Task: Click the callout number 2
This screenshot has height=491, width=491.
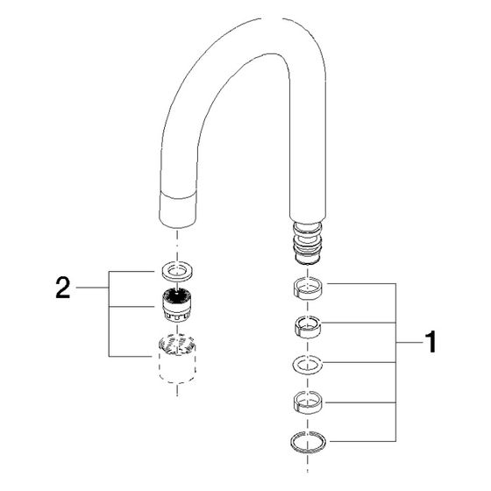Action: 62,288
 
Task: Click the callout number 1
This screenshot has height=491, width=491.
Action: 431,342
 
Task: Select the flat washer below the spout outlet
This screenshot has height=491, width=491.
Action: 177,271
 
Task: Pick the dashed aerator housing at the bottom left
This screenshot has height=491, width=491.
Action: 177,359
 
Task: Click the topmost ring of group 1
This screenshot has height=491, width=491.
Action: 309,288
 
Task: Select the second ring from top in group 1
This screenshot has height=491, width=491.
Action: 308,327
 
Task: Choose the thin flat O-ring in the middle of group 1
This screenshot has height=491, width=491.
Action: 308,365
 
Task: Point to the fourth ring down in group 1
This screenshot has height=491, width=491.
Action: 308,402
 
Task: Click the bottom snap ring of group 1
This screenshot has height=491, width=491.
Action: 308,442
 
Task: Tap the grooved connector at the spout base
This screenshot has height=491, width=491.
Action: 308,243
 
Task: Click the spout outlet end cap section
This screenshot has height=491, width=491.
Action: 177,210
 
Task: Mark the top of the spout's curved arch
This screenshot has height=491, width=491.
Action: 272,18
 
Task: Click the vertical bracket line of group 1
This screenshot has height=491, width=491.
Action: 395,362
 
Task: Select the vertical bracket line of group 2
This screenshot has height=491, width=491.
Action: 109,314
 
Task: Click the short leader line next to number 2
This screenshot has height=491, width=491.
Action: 92,288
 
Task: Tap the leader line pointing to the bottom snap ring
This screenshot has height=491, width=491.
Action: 363,442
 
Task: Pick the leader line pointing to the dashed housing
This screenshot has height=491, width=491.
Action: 132,356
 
